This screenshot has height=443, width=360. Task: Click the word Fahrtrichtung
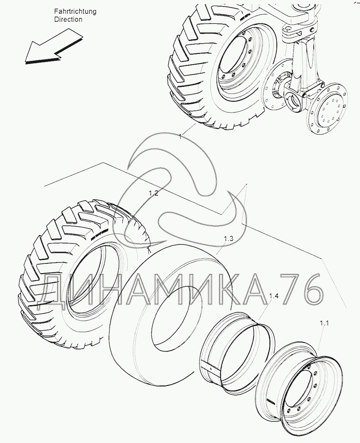(75, 11)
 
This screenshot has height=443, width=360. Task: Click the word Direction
(68, 20)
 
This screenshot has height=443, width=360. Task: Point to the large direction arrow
(53, 46)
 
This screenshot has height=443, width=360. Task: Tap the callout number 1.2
(154, 193)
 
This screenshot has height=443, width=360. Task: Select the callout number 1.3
(228, 238)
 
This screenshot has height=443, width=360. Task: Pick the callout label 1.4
(274, 296)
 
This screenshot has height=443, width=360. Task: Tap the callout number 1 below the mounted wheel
(180, 137)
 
